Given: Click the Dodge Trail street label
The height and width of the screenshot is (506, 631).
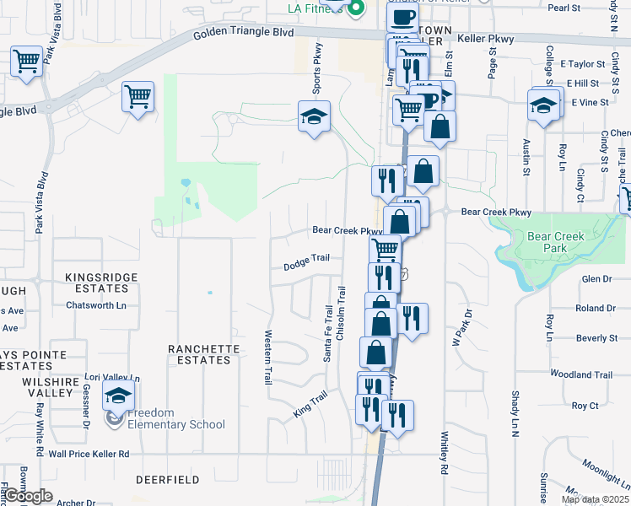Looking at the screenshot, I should [x=306, y=264].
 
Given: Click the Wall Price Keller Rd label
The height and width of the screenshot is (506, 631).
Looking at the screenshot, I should [x=89, y=454].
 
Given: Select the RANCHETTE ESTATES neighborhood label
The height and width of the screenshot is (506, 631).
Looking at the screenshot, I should [x=199, y=354].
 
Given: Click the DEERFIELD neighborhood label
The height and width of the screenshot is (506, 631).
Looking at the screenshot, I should [x=167, y=479].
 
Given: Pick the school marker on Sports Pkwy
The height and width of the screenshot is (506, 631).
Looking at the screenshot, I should [x=313, y=117].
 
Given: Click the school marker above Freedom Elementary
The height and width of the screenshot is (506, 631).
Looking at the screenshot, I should [x=118, y=394].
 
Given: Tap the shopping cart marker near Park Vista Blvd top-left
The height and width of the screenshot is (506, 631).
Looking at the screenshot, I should [x=27, y=61].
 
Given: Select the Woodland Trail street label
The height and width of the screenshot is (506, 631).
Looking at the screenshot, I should [x=580, y=374].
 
